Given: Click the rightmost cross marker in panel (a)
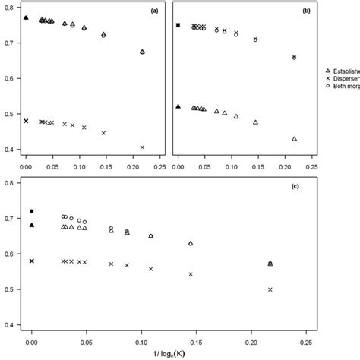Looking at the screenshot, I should [143, 147].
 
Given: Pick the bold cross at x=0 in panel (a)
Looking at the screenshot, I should [26, 121].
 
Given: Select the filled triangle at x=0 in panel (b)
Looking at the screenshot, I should [178, 106].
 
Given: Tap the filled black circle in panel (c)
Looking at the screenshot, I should [32, 211].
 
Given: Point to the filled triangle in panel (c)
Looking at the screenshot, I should [32, 225].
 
